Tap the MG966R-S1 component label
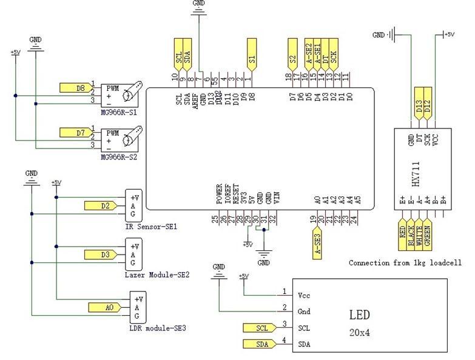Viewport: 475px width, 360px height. pyautogui.click(x=120, y=113)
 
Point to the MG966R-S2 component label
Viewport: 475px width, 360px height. pyautogui.click(x=120, y=157)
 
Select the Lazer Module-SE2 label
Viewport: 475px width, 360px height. pyautogui.click(x=157, y=275)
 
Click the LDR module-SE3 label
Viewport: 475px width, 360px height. pyautogui.click(x=158, y=328)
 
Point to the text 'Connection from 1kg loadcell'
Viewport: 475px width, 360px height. pyautogui.click(x=405, y=263)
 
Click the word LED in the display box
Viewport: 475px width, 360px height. pyautogui.click(x=359, y=315)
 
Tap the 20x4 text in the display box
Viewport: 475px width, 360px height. pyautogui.click(x=360, y=333)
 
